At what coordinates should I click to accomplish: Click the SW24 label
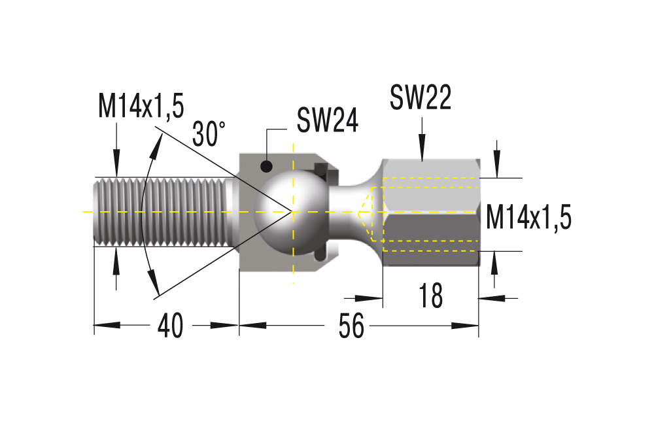[328, 120]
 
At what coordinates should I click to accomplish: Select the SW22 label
[421, 97]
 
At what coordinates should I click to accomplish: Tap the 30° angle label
[209, 133]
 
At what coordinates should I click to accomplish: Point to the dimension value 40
[170, 326]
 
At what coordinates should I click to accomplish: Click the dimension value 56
[351, 326]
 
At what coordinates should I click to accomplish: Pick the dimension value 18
[430, 296]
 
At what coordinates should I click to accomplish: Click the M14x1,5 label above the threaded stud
[141, 106]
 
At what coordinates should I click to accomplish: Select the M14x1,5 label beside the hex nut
[528, 217]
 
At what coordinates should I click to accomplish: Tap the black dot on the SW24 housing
[267, 167]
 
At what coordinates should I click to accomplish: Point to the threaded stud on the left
[165, 212]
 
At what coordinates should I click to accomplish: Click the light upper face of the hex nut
[430, 186]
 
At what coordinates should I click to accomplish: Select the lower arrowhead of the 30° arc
[154, 282]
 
